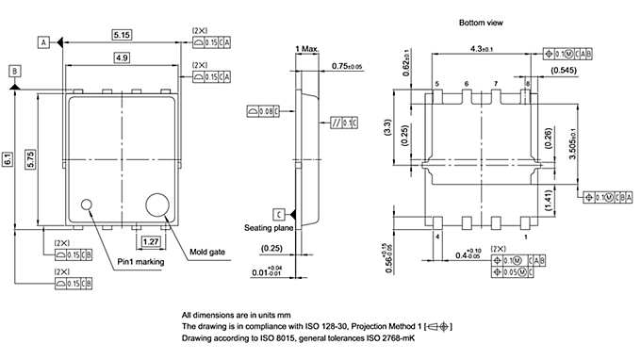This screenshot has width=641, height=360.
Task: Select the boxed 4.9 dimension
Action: [x=122, y=58]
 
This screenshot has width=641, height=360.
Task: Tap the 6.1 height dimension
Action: [x=8, y=160]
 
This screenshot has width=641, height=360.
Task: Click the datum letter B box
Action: [x=15, y=72]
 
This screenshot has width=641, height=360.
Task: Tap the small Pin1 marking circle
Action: [x=89, y=203]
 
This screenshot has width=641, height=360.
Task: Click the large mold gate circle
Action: [x=156, y=205]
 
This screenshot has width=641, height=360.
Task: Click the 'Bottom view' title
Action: [x=481, y=22]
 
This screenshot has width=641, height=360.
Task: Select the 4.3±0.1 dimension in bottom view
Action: [x=482, y=49]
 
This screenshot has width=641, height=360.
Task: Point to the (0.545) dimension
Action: [x=564, y=71]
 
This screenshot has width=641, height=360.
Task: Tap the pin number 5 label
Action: [x=438, y=85]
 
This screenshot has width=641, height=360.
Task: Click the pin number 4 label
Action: [x=438, y=237]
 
